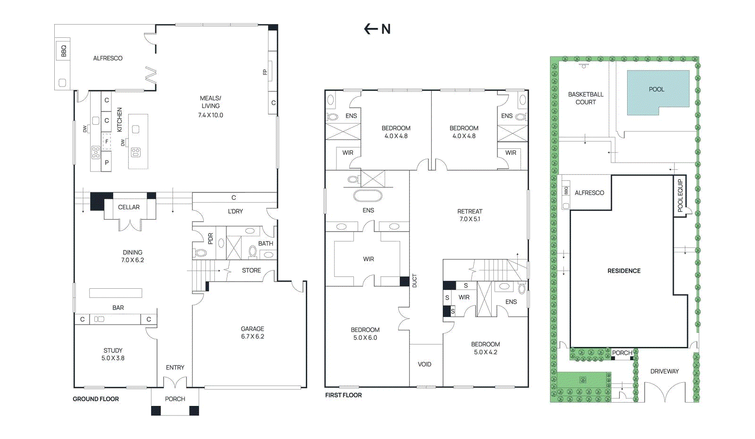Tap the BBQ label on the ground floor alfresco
click(64, 51)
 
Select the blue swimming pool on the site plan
click(658, 92)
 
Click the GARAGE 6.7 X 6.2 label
click(252, 332)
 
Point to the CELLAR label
click(129, 207)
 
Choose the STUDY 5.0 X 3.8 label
click(113, 354)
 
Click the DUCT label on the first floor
click(415, 281)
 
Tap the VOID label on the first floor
click(424, 364)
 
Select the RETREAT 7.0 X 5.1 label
click(470, 215)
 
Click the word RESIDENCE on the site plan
click(624, 271)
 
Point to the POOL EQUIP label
click(680, 196)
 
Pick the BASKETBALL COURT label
click(586, 98)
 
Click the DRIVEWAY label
click(664, 371)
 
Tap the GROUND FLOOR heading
click(96, 399)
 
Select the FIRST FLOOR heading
click(344, 395)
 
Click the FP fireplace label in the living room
click(265, 72)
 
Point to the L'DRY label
click(235, 211)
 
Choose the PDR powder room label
click(210, 239)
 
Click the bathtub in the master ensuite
click(368, 196)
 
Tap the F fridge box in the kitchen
click(107, 142)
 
